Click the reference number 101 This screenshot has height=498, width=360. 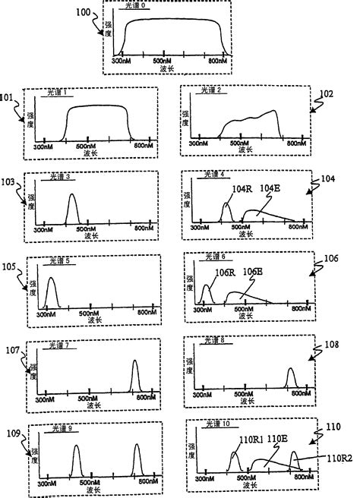click(8, 97)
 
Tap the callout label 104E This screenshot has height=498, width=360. click(271, 188)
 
